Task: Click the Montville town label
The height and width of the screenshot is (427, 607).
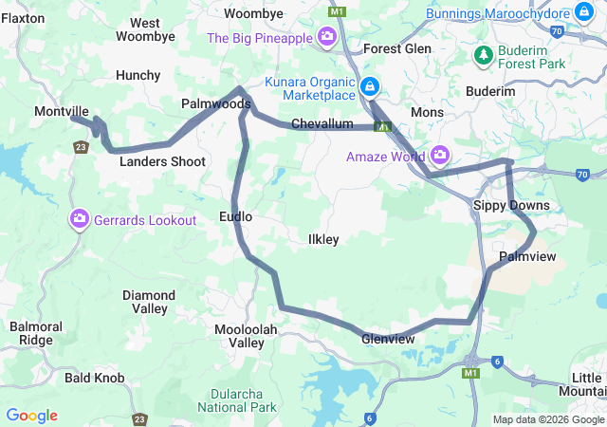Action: (61, 111)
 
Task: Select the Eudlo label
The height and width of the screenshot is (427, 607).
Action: (235, 216)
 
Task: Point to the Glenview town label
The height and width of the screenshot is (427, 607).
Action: (388, 339)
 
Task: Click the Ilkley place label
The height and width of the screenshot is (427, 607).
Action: (323, 239)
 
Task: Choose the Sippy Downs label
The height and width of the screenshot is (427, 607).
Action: (511, 205)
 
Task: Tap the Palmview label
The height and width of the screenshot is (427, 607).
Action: (527, 257)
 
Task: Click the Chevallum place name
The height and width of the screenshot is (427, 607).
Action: (322, 124)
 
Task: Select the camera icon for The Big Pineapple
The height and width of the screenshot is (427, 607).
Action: (327, 38)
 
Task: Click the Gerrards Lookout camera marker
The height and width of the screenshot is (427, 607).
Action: (80, 220)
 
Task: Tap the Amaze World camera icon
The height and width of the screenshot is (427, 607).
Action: (439, 155)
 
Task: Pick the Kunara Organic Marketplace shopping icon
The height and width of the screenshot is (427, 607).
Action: (370, 89)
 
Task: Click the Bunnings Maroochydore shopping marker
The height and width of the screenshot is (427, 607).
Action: (584, 13)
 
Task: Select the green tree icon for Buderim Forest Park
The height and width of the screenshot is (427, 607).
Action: (484, 55)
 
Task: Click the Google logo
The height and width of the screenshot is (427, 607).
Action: (31, 416)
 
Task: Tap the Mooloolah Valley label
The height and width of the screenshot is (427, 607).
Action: (239, 335)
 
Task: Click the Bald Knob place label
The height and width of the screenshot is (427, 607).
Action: (94, 378)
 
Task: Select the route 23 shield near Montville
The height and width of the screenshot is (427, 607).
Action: (82, 146)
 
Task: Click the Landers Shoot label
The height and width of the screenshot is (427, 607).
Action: (162, 161)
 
